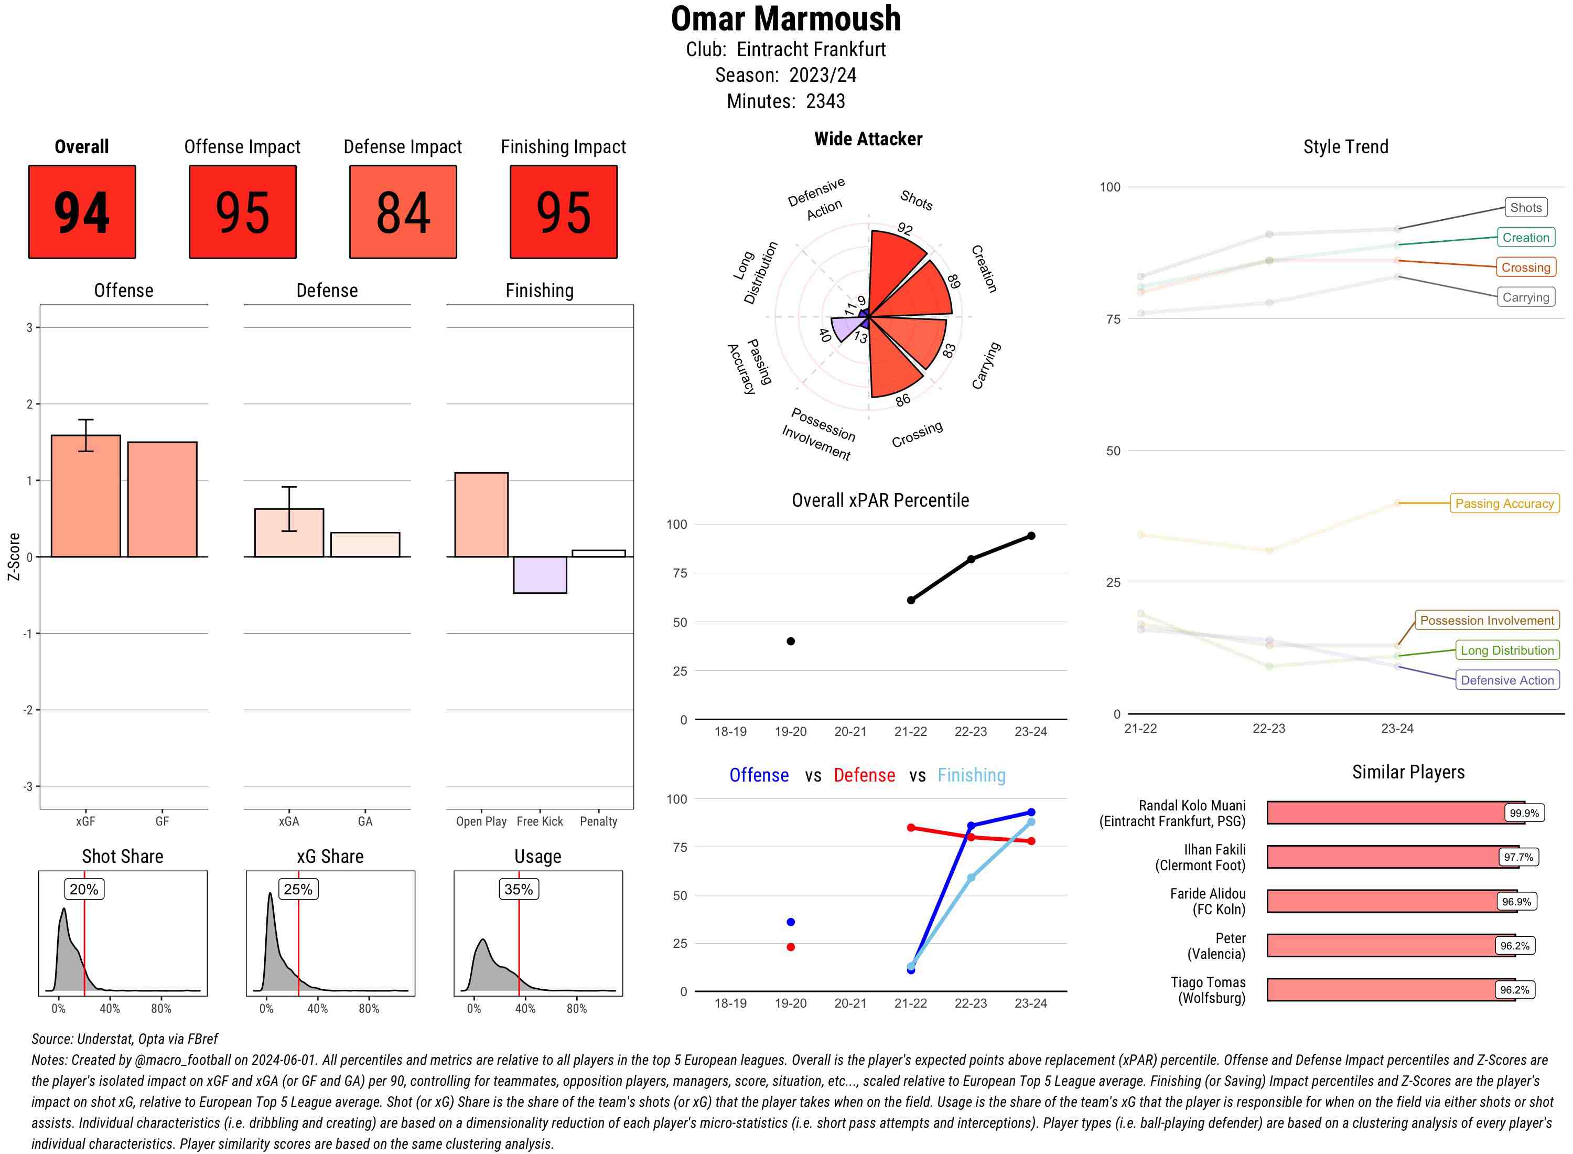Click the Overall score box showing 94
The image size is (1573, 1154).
(82, 212)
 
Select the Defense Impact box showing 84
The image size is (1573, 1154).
(403, 212)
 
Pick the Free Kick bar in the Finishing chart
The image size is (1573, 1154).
(540, 574)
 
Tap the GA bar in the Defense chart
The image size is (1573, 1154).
(365, 544)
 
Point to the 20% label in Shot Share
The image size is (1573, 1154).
(84, 889)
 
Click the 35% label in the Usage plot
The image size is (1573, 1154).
(519, 889)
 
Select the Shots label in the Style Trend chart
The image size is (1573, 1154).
(1525, 208)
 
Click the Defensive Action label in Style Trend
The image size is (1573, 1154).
(1507, 680)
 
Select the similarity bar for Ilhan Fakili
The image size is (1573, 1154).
(1382, 857)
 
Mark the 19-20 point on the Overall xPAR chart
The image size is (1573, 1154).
(790, 642)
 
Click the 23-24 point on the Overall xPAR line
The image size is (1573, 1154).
(1031, 536)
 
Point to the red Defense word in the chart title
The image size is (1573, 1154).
(864, 775)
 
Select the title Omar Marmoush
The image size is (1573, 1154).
(785, 19)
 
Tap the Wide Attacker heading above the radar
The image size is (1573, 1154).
(868, 139)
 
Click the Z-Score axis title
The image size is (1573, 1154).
(13, 556)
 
